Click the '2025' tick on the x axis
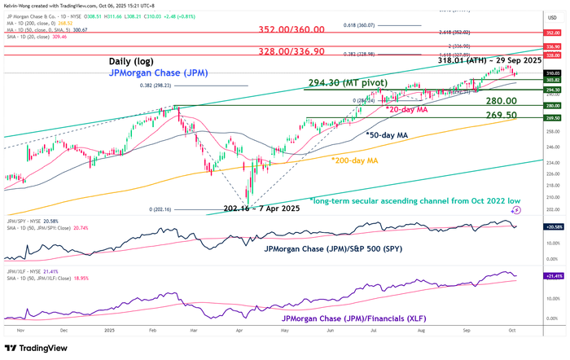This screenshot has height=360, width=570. click(109, 331)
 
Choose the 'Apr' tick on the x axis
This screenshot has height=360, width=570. click(241, 331)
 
